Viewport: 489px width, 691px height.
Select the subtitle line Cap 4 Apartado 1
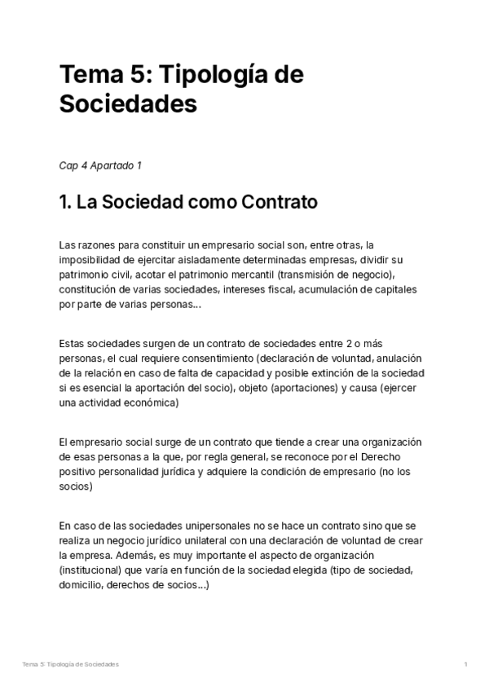point(101,165)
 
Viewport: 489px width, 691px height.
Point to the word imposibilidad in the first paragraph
point(90,260)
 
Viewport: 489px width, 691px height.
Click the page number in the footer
point(465,665)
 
